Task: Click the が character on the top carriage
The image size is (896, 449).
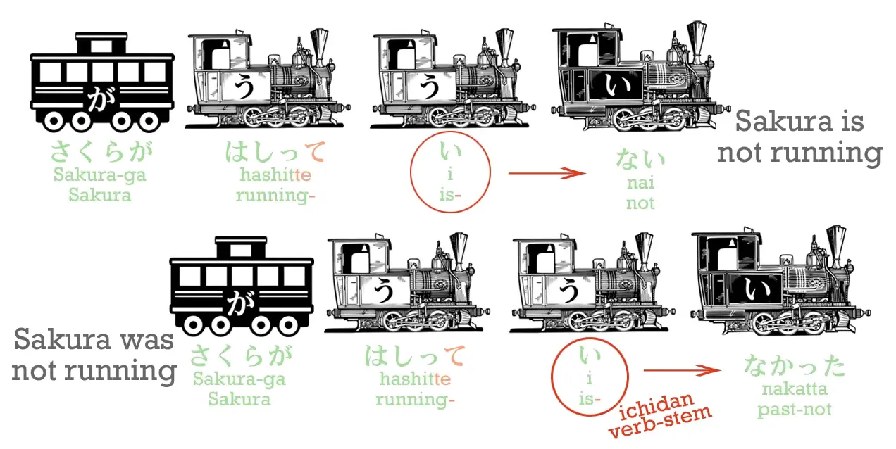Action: coord(101,99)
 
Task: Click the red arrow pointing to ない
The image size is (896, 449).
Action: coord(547,173)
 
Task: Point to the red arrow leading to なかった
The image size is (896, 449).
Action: coord(683,370)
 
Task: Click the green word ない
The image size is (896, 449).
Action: coord(640,159)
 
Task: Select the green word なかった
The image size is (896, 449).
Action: coord(795,366)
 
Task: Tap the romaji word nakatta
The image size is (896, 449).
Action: coord(795,389)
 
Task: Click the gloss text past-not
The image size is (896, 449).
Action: coord(795,409)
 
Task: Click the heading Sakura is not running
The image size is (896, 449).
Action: coord(799,137)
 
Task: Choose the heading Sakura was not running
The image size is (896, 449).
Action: coord(94,356)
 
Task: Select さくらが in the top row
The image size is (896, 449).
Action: coord(101,153)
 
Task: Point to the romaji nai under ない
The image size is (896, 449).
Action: coord(640,183)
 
